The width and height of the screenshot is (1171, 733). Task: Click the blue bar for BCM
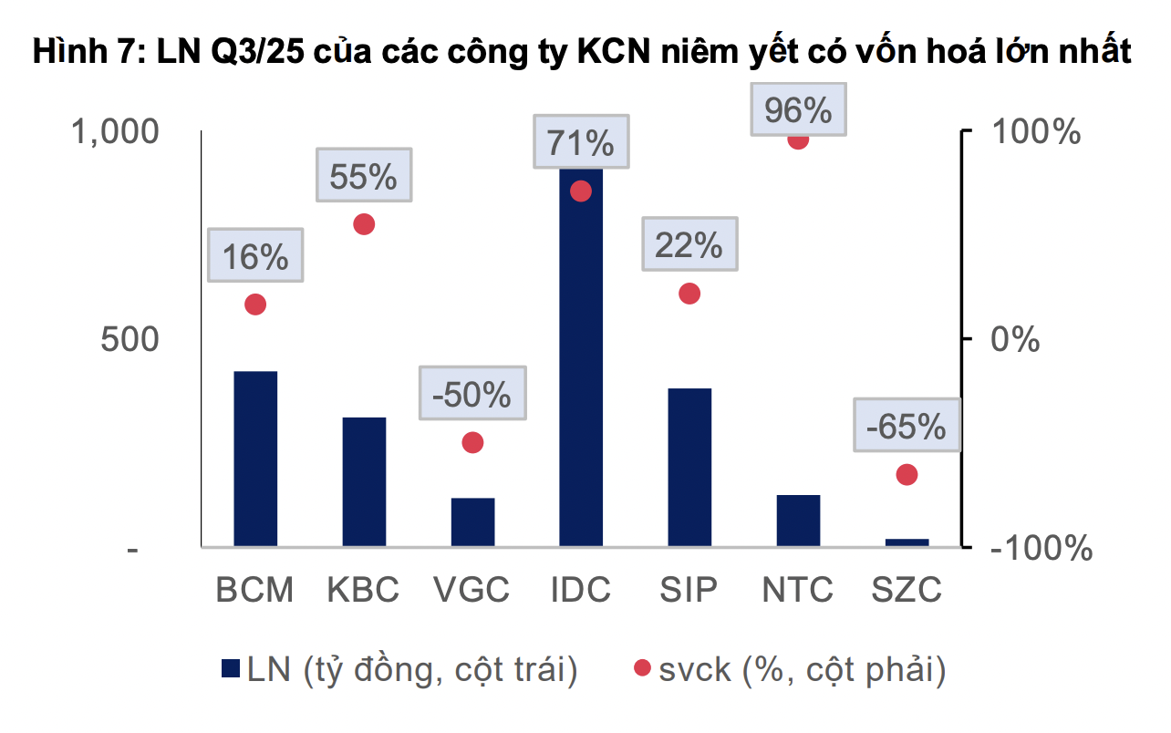tap(255, 459)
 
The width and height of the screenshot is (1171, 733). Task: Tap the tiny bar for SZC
tap(907, 542)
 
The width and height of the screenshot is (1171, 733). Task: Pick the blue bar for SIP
tap(689, 467)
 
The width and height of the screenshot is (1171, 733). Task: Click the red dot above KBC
tap(364, 224)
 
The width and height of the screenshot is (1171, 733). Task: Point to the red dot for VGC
tap(472, 442)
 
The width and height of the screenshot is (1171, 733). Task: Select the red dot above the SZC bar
tap(907, 474)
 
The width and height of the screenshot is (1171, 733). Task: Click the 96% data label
tap(798, 111)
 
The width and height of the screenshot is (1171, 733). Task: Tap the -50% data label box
tap(472, 394)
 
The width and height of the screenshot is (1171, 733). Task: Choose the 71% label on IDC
tap(581, 142)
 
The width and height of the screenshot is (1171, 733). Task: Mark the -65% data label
tap(907, 426)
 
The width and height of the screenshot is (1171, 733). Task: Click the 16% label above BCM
tap(255, 256)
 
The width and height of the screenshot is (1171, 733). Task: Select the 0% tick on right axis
tap(1013, 339)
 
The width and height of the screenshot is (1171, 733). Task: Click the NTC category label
tap(798, 590)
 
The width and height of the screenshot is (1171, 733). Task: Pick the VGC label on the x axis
tap(472, 590)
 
